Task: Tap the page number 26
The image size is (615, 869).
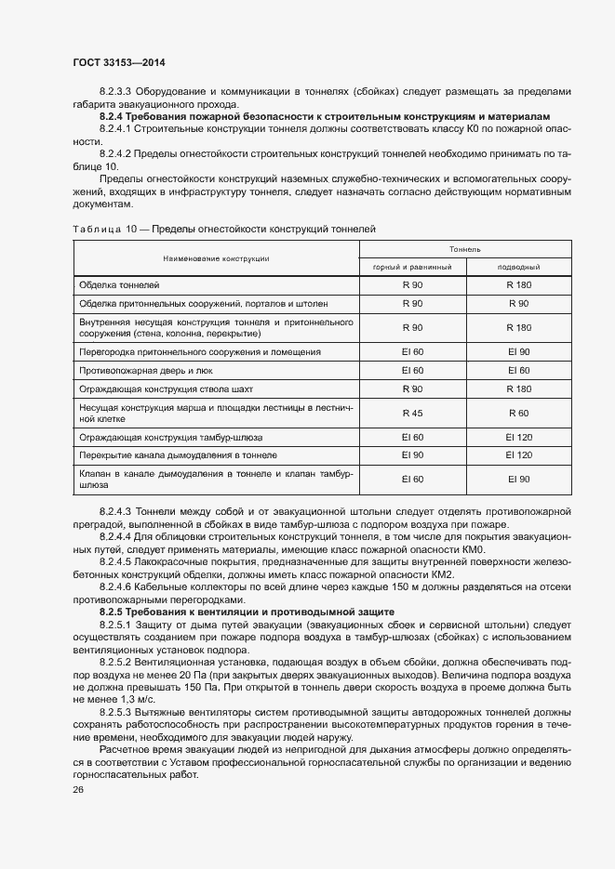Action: tap(77, 789)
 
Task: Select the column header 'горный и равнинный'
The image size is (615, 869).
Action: tap(412, 267)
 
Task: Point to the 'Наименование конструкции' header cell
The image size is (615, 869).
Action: tap(216, 257)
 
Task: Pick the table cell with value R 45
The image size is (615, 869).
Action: tap(412, 412)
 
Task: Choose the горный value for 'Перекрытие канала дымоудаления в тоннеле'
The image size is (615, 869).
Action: tap(412, 454)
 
